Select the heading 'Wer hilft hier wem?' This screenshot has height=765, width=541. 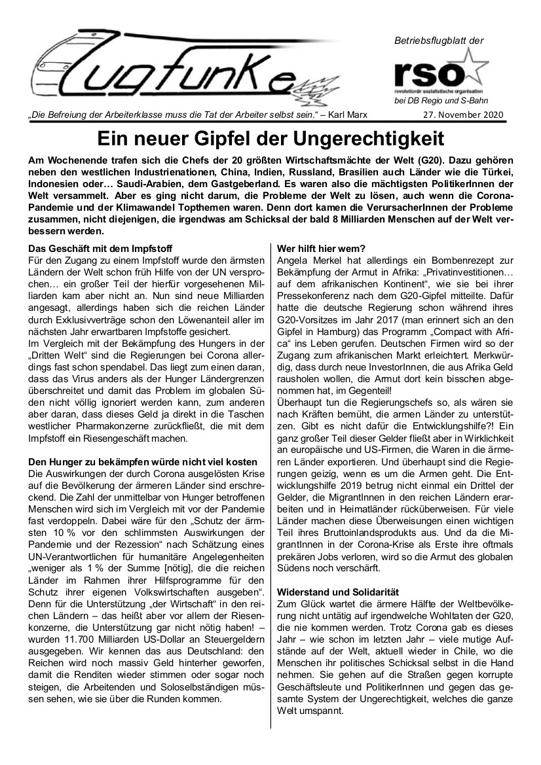click(x=321, y=249)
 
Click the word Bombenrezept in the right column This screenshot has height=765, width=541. click(x=418, y=262)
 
